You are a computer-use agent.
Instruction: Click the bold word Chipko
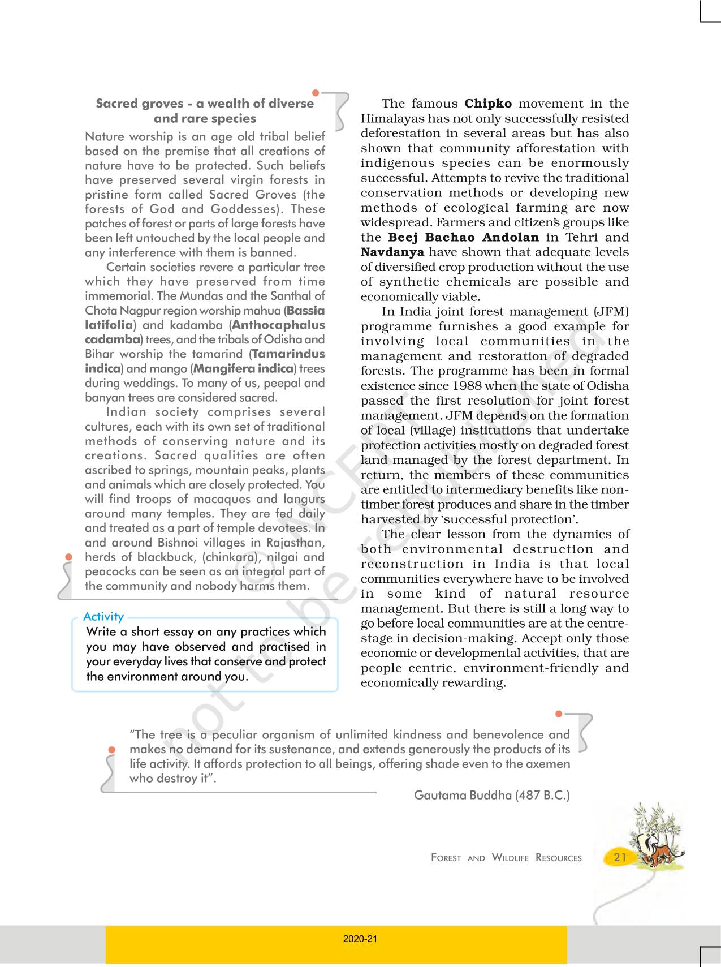click(x=488, y=104)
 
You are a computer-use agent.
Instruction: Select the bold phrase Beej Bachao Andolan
click(x=463, y=238)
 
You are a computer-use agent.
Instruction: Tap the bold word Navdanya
click(x=392, y=252)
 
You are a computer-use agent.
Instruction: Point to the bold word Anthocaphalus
click(x=278, y=325)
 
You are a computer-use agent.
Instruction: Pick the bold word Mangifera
click(x=224, y=369)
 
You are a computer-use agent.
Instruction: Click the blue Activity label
click(x=103, y=617)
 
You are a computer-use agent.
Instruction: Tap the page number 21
click(x=620, y=857)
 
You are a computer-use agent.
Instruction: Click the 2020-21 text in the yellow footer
click(x=360, y=939)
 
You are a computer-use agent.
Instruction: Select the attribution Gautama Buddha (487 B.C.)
click(x=492, y=795)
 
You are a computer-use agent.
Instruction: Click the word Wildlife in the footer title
click(x=510, y=858)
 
